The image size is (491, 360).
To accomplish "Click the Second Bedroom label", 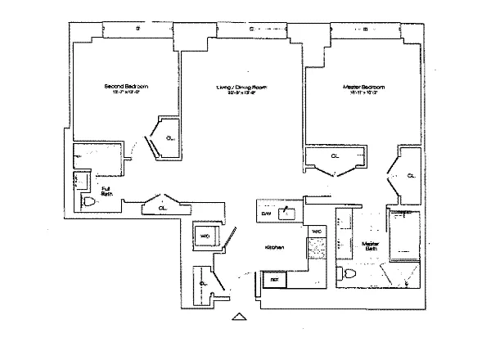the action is coord(125,86).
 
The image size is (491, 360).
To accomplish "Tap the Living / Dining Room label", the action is coord(241,86).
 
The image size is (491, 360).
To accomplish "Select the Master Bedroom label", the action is coord(364,86).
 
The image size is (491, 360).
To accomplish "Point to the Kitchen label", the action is coord(274,247).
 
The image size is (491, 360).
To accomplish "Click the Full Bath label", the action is coord(106,192).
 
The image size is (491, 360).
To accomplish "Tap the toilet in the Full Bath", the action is coord(88,202).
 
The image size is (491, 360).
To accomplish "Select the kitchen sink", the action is coord(286,214).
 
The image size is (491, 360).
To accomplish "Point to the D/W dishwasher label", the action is coord(266,214).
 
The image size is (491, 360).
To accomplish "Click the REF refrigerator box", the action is coord(275,279).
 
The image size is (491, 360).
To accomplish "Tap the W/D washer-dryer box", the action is coord(205,236).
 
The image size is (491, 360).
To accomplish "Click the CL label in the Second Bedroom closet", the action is coord(169,138).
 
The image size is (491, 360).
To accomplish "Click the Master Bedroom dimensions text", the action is coord(364,93).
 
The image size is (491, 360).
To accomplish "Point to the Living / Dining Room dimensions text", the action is coord(241,93).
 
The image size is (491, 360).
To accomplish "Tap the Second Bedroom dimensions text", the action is coord(125,93).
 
